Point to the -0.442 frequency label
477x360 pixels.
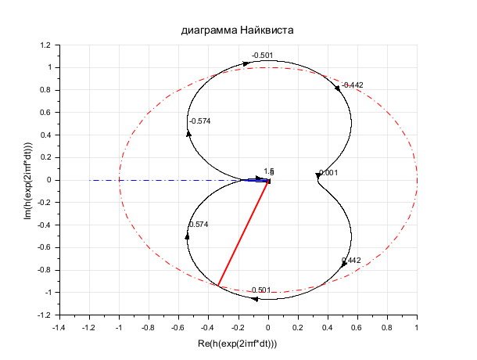[353, 85]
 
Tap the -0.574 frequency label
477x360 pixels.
[200, 121]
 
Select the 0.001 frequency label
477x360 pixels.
[328, 173]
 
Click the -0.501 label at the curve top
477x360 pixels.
[262, 56]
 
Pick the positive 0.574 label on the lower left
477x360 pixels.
[199, 225]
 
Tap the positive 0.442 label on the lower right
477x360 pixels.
[351, 261]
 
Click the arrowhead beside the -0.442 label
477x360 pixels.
[338, 88]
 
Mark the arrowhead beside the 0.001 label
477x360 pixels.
[317, 175]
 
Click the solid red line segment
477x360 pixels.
[243, 233]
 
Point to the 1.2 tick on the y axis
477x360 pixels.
[44, 45]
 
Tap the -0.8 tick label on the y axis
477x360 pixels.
[41, 270]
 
